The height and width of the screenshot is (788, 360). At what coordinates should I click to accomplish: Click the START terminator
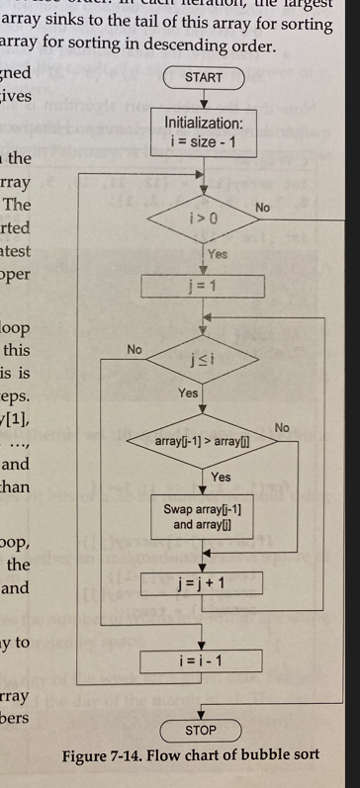coord(204,77)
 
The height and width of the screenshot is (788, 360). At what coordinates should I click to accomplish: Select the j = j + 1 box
coord(203,582)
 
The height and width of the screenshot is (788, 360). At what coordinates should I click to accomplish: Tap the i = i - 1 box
coord(202,657)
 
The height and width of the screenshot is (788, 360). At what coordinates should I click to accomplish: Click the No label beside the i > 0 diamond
coord(263,208)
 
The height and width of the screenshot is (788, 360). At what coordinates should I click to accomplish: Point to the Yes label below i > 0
coord(219,254)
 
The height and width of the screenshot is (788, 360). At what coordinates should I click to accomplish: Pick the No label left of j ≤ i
coord(135,350)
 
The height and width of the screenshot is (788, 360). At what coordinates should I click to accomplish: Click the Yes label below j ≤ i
coord(188,394)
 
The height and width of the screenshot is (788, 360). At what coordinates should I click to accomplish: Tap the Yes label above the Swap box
coord(222,477)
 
